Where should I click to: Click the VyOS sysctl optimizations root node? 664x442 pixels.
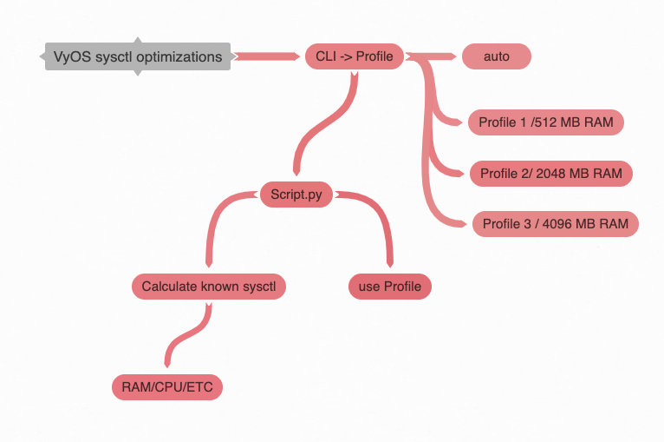(x=138, y=57)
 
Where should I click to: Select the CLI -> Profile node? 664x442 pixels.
(x=355, y=57)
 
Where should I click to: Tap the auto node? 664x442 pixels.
(x=496, y=57)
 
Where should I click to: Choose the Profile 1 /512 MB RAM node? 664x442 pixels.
(x=545, y=122)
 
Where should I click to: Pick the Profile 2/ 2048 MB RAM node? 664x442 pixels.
(x=550, y=174)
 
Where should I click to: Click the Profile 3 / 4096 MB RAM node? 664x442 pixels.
(x=555, y=224)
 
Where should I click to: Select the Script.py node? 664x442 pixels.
(x=296, y=195)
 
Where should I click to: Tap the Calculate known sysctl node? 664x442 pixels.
(x=208, y=286)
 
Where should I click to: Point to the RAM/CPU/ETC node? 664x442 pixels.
(x=167, y=387)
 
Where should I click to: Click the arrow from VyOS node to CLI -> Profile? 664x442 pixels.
(x=267, y=57)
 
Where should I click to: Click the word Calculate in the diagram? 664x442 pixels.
(x=168, y=286)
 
